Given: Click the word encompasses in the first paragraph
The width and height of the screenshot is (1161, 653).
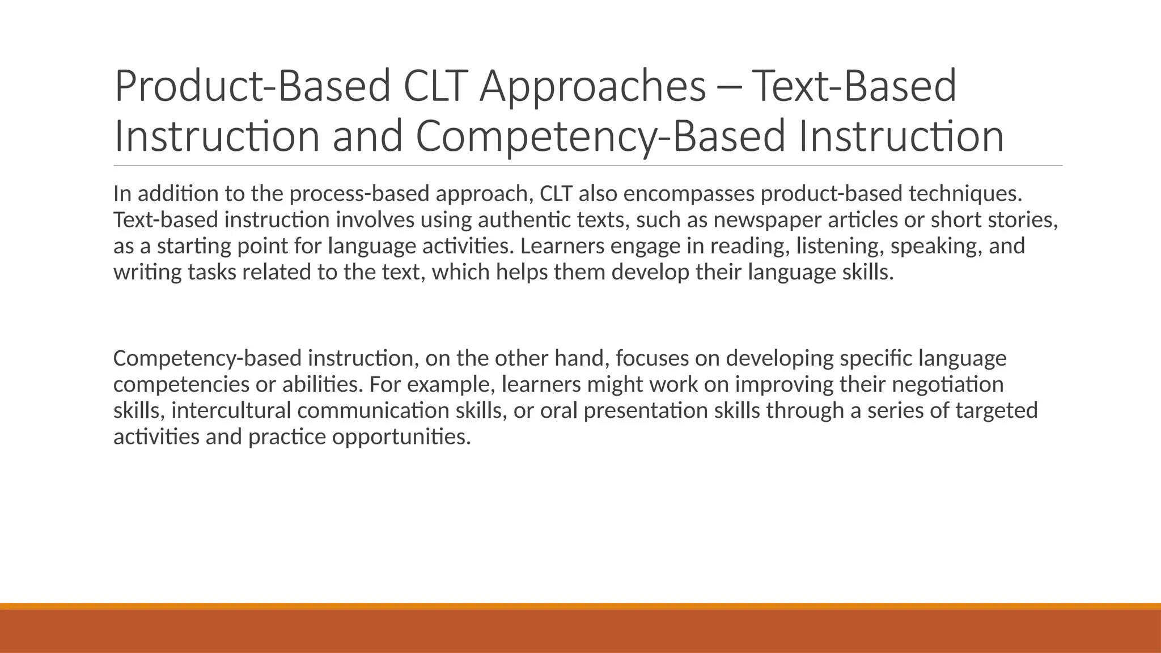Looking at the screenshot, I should pos(689,194).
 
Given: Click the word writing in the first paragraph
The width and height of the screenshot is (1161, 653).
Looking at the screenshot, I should pos(147,272).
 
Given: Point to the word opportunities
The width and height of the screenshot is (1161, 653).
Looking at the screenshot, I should pos(401,436).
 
